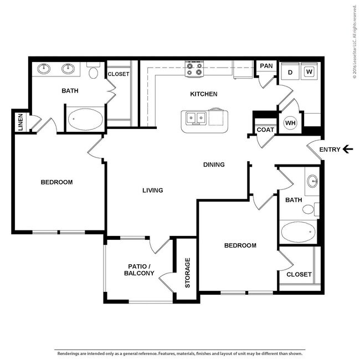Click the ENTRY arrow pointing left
click(348, 149)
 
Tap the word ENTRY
click(330, 149)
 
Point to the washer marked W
click(309, 71)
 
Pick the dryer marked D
click(289, 71)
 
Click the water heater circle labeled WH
click(290, 122)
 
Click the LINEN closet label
click(20, 122)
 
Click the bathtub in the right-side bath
click(298, 232)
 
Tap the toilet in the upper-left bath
click(94, 71)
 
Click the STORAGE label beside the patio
click(188, 273)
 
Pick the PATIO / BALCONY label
click(139, 270)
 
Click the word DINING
click(214, 164)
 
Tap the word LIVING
click(152, 191)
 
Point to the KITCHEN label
click(204, 94)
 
